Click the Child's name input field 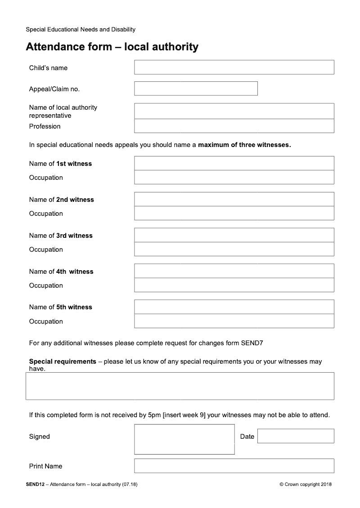234,67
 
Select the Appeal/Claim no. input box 196,89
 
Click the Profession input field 234,126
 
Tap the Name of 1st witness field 234,163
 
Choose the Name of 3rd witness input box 234,235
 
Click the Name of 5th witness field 234,307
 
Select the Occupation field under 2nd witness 234,213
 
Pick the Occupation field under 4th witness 234,285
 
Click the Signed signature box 184,439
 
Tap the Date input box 296,436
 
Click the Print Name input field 234,466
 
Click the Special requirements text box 180,386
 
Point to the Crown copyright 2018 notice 306,484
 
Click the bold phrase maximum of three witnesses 245,145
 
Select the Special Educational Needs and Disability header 81,30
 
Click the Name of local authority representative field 234,111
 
